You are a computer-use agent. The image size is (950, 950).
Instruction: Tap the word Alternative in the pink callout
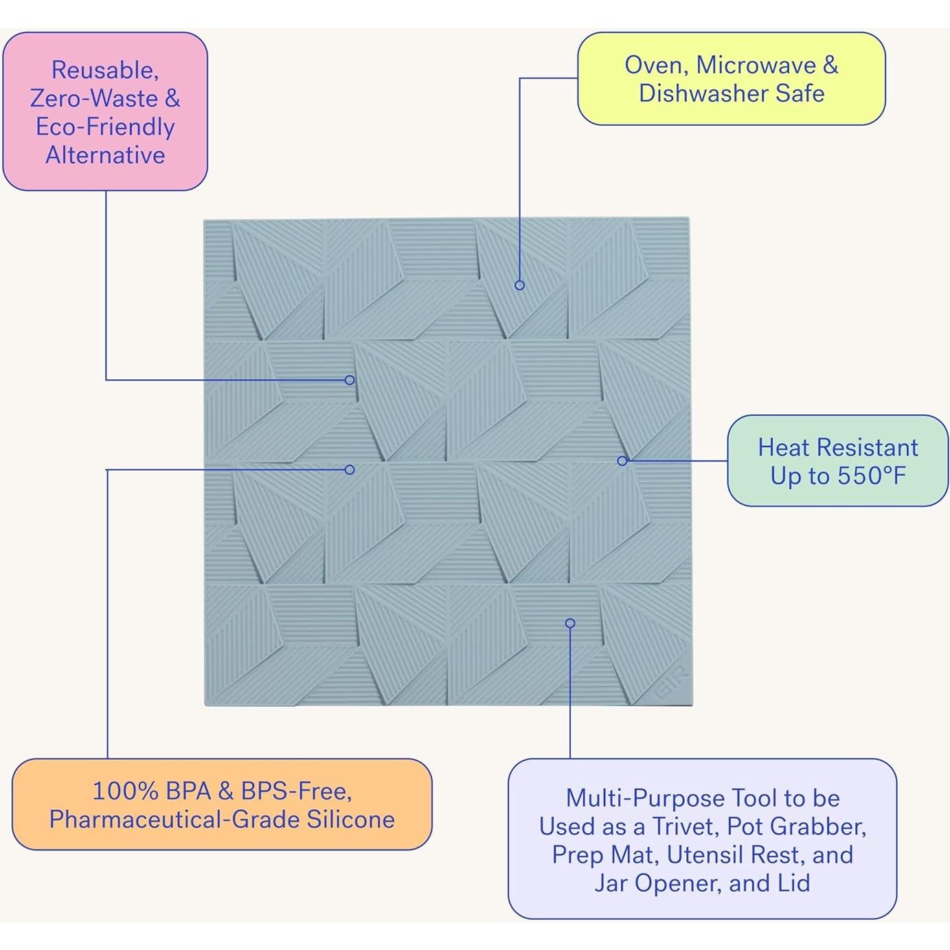pyautogui.click(x=105, y=155)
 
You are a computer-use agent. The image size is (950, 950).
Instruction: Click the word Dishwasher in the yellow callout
pyautogui.click(x=703, y=93)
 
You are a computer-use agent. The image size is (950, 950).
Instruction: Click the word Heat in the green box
pyautogui.click(x=782, y=447)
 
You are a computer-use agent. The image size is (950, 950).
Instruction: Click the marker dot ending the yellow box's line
pyautogui.click(x=520, y=285)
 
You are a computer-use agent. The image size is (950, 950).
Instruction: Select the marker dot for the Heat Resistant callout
pyautogui.click(x=622, y=461)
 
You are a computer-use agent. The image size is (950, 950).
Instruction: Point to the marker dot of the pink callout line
pyautogui.click(x=350, y=380)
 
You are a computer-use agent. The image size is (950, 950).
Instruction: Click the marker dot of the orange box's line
pyautogui.click(x=350, y=470)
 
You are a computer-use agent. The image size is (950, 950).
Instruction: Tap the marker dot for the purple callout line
pyautogui.click(x=570, y=623)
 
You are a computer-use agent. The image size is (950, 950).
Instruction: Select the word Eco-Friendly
pyautogui.click(x=105, y=127)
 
